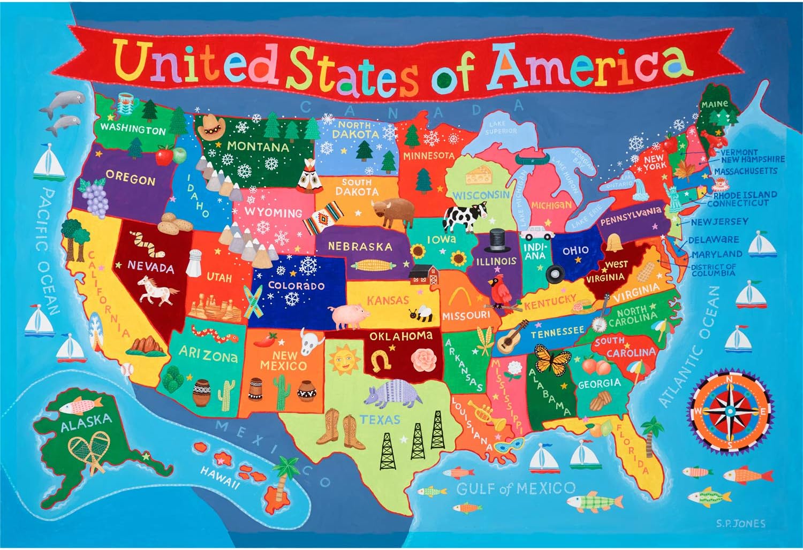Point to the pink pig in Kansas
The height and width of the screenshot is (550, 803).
click(349, 316)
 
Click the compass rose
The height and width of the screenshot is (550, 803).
click(730, 410)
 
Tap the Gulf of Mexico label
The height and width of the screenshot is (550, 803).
click(516, 488)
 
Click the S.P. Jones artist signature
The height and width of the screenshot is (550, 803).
click(741, 524)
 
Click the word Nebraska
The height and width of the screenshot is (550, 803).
click(360, 247)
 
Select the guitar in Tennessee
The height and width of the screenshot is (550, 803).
click(511, 337)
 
